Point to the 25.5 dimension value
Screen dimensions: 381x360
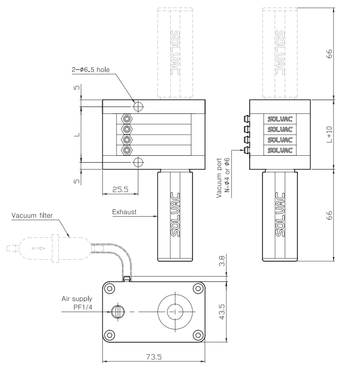pyautogui.click(x=120, y=188)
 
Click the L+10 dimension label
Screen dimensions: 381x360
pyautogui.click(x=329, y=134)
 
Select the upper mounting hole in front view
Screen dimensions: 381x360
pyautogui.click(x=138, y=107)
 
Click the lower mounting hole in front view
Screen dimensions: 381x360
pyautogui.click(x=138, y=161)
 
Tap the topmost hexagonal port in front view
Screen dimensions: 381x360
pyautogui.click(x=127, y=119)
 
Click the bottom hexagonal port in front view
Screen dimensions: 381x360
pyautogui.click(x=127, y=150)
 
